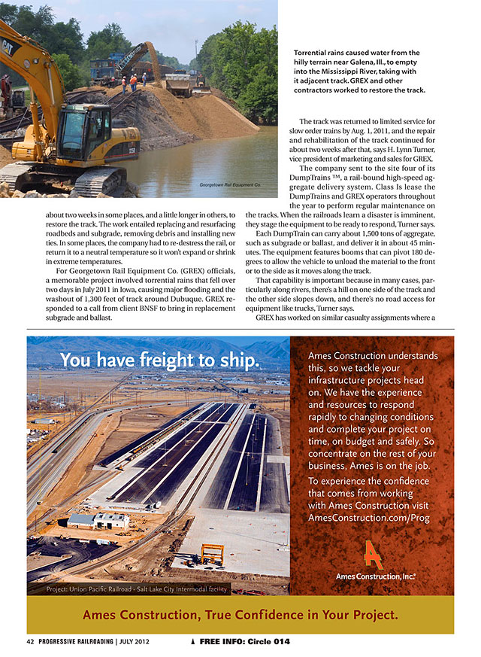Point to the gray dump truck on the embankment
click(x=178, y=84)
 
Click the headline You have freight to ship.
click(x=160, y=360)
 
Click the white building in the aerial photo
click(x=98, y=520)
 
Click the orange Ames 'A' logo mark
click(x=372, y=554)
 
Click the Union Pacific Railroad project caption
click(x=137, y=589)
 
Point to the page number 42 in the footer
click(x=30, y=641)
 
